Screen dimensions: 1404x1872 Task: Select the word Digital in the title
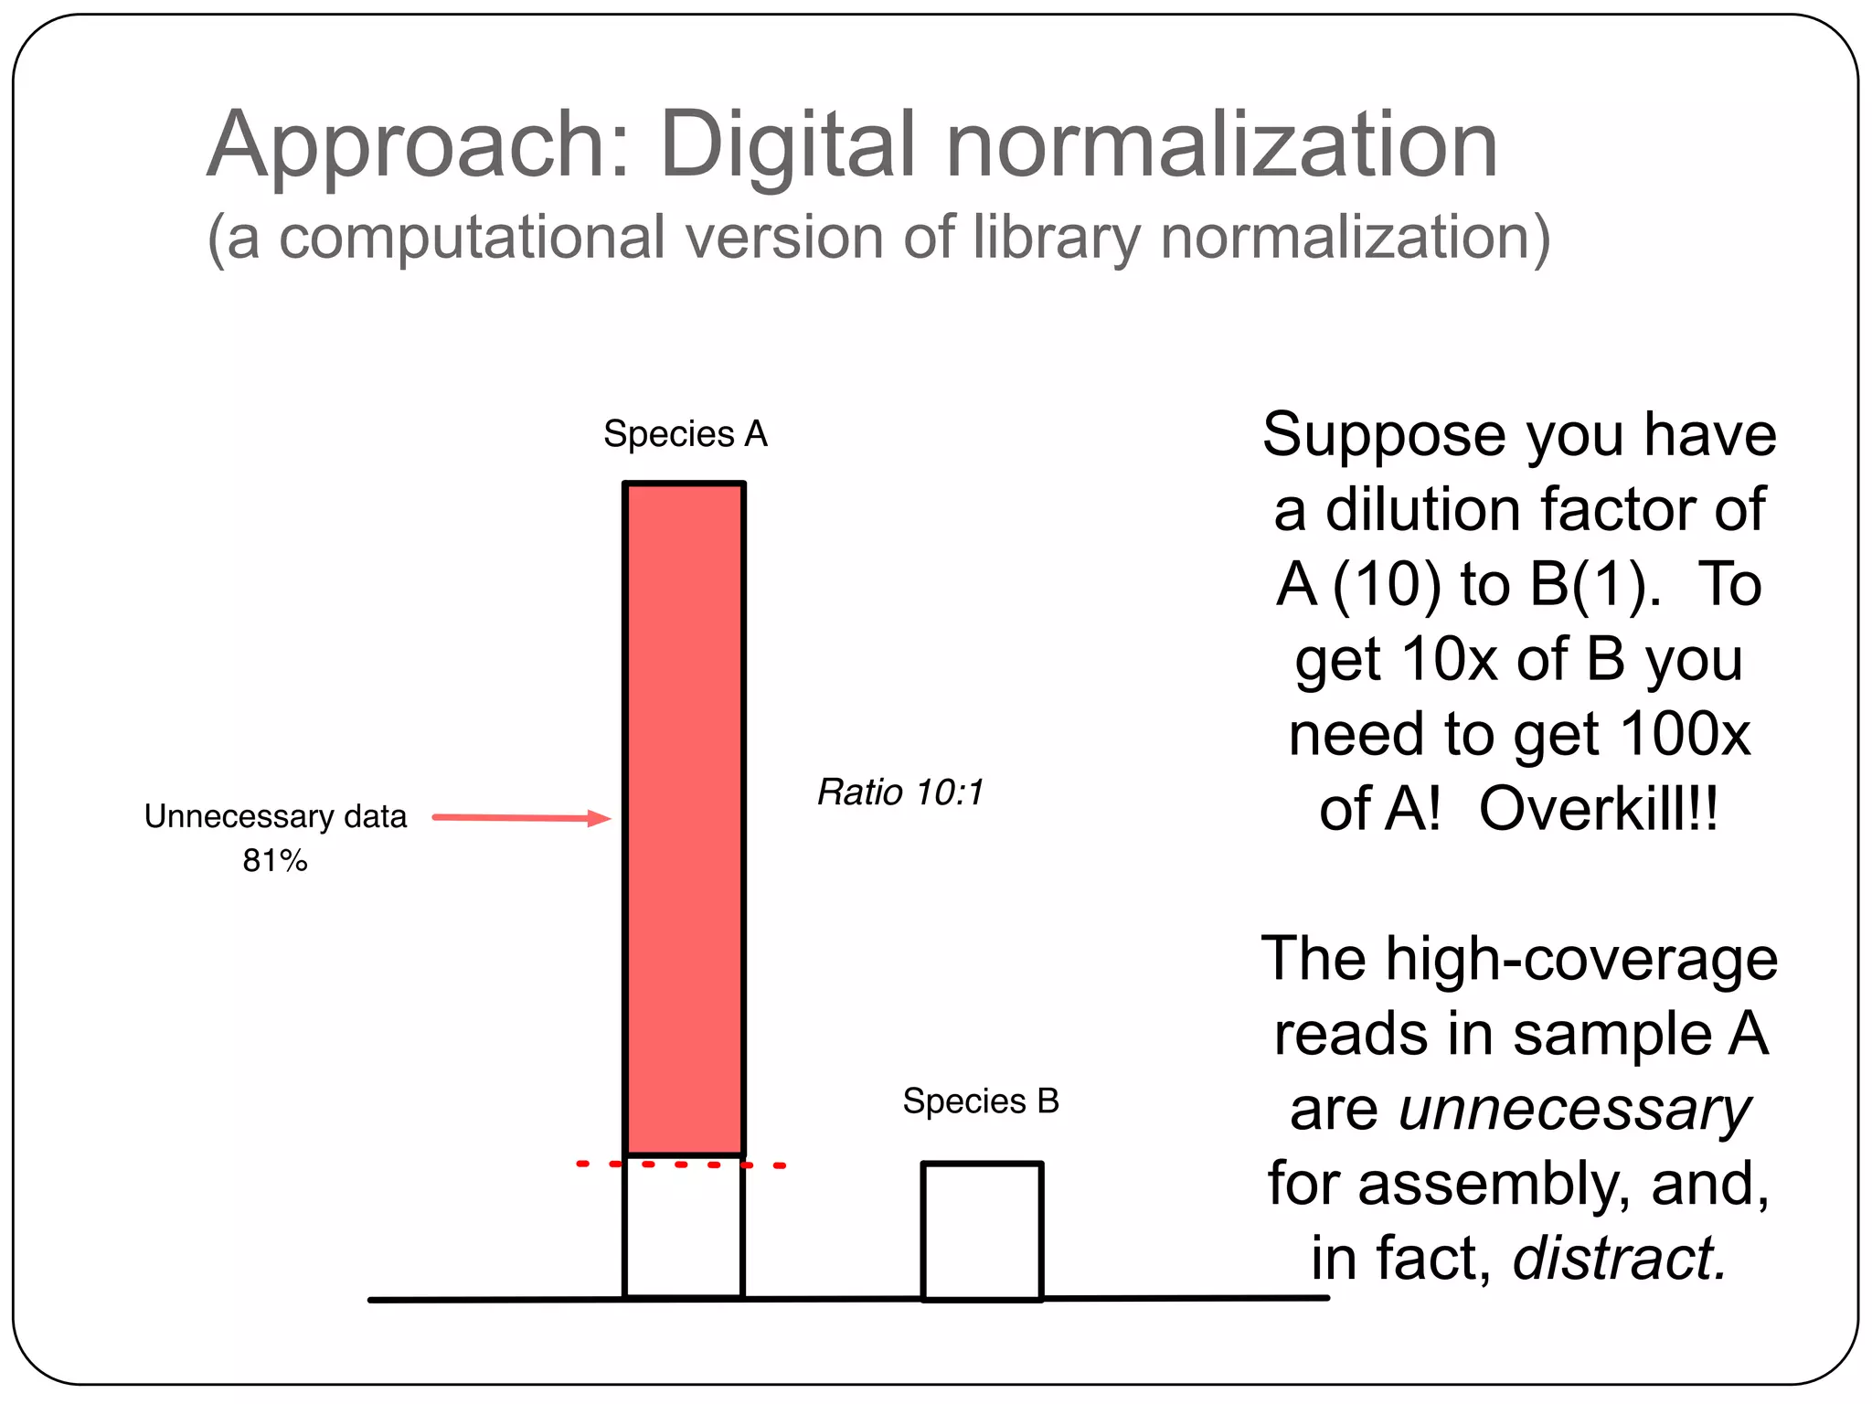788,144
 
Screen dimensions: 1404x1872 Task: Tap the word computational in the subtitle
471,238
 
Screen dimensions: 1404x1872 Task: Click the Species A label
686,434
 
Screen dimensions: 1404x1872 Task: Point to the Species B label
981,1101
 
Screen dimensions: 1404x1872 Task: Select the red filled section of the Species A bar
684,818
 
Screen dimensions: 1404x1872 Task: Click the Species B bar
982,1230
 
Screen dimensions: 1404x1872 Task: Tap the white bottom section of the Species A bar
684,1229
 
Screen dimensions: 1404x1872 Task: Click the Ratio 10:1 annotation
900,792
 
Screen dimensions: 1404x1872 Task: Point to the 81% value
275,861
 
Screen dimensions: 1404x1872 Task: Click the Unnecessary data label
275,816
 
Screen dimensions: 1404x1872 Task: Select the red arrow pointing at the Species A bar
521,818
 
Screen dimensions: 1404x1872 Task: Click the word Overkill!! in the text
1599,809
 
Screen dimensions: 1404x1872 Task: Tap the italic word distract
1619,1259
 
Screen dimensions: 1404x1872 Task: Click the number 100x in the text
1685,734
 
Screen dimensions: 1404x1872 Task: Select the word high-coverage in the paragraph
1581,959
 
